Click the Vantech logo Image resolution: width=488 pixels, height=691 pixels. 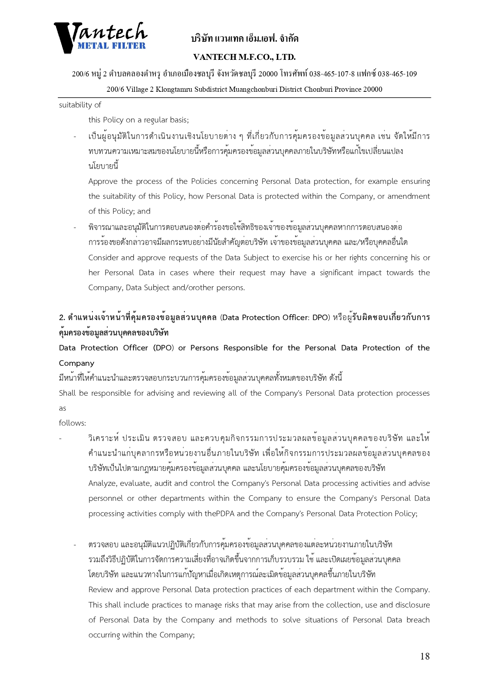click(100, 37)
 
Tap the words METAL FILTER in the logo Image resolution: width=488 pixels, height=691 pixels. click(111, 46)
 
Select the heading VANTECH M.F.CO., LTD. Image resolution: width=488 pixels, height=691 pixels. click(244, 57)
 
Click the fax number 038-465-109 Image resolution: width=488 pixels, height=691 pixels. click(397, 74)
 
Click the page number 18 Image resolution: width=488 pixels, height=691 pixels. click(425, 656)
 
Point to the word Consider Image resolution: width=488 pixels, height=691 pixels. click(103, 258)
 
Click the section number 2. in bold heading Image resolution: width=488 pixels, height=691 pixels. click(62, 318)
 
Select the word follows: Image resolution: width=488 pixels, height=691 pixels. click(72, 423)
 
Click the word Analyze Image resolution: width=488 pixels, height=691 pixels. click(102, 484)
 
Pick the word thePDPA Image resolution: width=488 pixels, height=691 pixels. click(219, 514)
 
